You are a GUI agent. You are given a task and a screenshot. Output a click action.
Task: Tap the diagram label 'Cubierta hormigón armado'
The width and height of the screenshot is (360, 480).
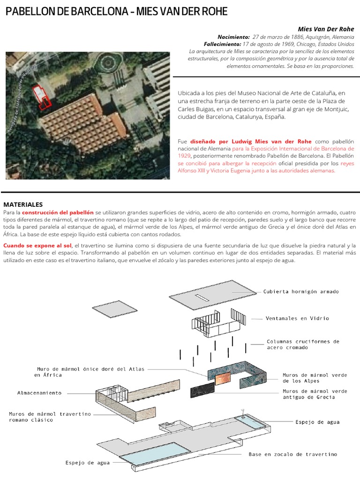(301, 291)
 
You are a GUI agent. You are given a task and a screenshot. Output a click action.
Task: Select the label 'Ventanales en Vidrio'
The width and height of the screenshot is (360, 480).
(297, 318)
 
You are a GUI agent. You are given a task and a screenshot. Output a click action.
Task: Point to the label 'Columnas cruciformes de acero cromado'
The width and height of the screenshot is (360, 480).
(303, 345)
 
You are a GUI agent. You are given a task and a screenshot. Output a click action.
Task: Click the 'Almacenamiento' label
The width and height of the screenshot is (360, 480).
(39, 393)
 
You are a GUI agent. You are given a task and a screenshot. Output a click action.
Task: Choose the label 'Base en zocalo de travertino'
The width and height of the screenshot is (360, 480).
(292, 454)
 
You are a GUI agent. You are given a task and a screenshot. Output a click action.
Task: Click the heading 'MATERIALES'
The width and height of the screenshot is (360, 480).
(23, 204)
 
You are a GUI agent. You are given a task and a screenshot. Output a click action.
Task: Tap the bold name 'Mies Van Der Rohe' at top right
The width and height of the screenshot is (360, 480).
(326, 29)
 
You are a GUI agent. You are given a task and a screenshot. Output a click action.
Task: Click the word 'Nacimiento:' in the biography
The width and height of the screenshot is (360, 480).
(234, 37)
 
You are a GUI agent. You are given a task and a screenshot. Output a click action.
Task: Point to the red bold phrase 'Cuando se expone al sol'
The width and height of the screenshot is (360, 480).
(37, 246)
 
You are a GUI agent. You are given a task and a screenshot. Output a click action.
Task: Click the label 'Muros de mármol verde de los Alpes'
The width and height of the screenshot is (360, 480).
(314, 378)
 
